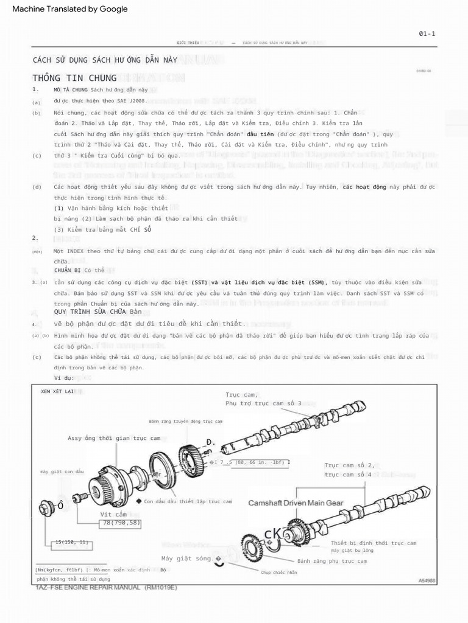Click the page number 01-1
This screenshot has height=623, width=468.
coord(427,33)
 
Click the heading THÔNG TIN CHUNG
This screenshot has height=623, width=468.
coord(75,78)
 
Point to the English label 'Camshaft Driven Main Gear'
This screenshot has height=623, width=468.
coord(296,503)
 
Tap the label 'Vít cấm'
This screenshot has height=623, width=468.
coord(113,515)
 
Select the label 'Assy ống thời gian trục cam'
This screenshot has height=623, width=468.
coord(114,438)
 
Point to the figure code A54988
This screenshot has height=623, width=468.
coord(427,581)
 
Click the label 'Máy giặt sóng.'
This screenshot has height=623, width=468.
coord(188,559)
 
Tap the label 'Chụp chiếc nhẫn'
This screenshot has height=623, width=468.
coord(278,572)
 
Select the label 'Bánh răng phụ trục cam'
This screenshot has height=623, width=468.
coord(332,561)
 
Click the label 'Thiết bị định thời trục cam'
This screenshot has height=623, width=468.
coord(374,543)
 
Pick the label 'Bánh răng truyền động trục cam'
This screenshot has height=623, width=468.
coord(185,421)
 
